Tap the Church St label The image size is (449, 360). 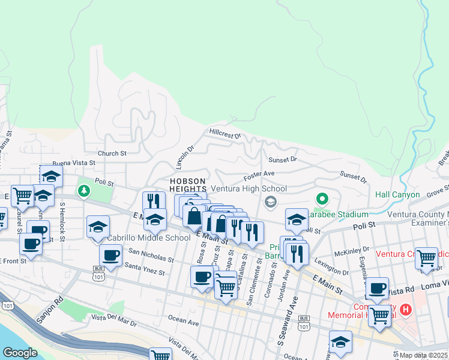pos(112,154)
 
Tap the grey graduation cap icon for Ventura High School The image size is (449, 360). pos(271,201)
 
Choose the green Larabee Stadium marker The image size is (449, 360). pos(322,198)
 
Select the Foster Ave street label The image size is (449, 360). pos(258,176)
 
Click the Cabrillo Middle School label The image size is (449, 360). pos(149,238)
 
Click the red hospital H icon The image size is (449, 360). pos(406,310)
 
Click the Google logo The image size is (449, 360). pos(20,352)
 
